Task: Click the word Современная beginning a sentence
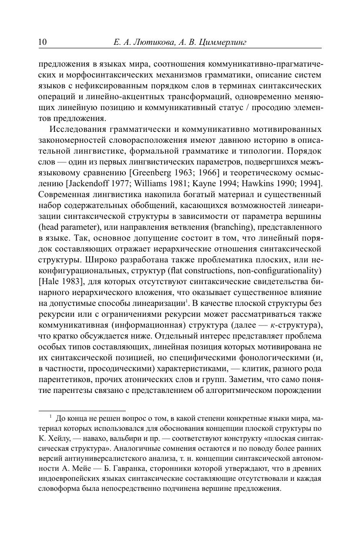click(67, 194)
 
